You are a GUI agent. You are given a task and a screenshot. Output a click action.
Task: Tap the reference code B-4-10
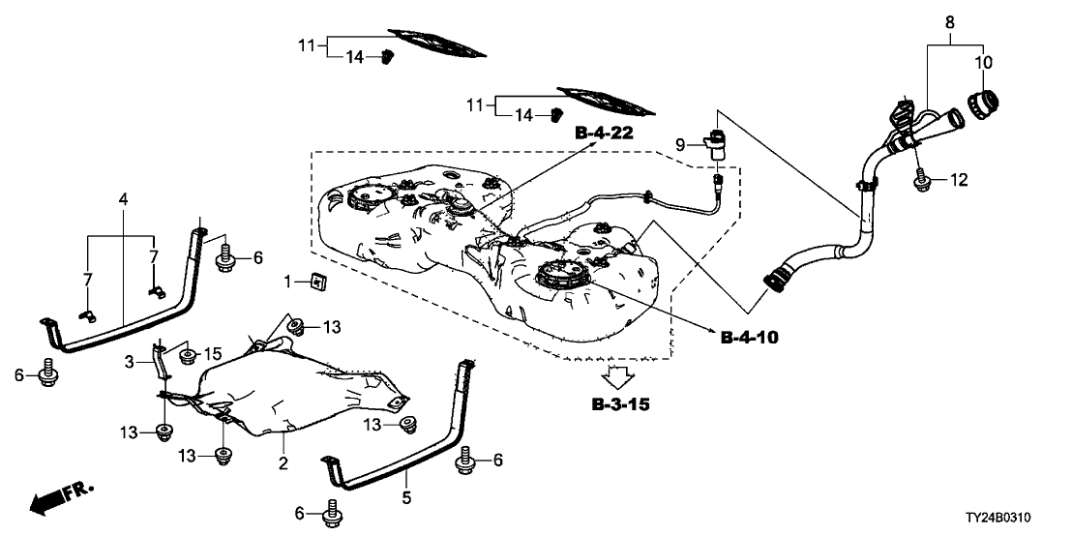tap(749, 338)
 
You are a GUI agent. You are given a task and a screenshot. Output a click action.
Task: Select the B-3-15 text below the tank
tap(620, 403)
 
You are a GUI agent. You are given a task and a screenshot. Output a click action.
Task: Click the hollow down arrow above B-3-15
tap(619, 375)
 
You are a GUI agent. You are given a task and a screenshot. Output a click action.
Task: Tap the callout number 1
tap(287, 282)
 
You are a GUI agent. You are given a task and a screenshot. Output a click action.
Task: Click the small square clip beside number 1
tap(315, 283)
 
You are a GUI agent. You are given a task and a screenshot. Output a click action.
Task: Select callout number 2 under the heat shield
tap(283, 463)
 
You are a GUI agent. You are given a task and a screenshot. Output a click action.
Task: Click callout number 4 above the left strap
tap(123, 199)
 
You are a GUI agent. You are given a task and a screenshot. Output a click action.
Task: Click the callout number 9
tap(680, 145)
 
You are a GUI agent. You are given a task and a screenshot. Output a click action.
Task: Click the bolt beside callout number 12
tap(919, 177)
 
